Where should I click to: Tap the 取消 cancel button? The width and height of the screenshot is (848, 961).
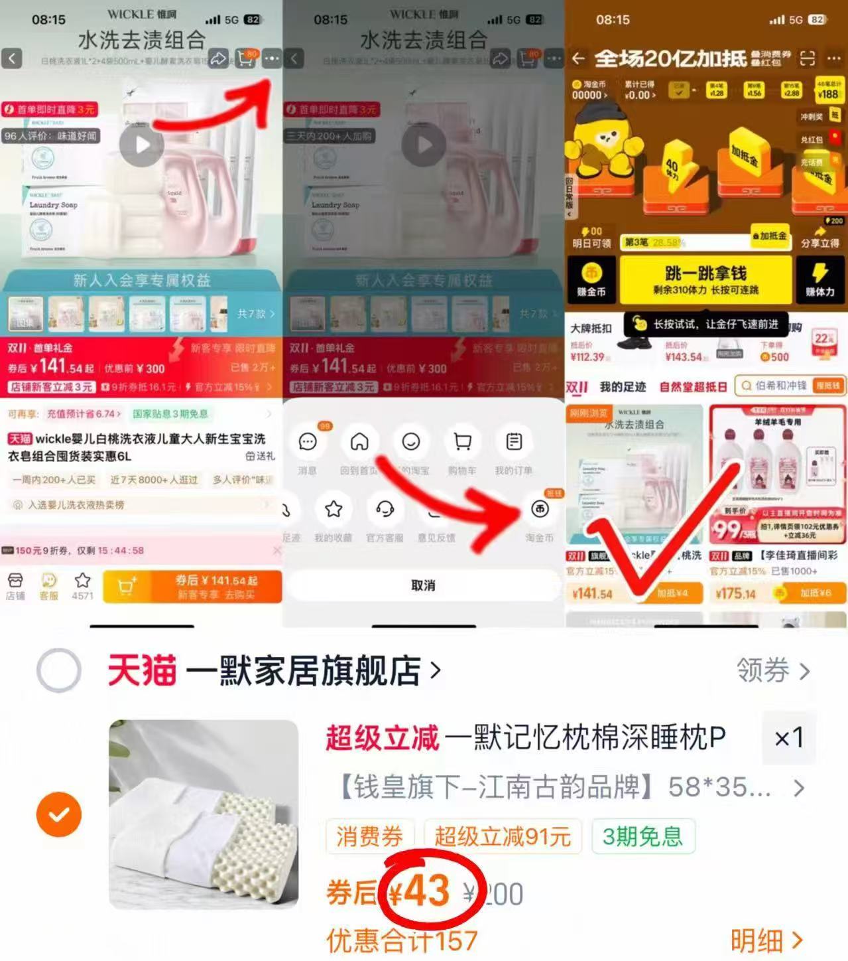point(423,585)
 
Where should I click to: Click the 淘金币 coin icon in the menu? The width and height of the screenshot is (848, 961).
point(540,510)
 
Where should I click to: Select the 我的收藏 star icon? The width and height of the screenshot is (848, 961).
point(333,510)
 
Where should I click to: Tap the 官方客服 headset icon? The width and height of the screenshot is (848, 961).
point(385,510)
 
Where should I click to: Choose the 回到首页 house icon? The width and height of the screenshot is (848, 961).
point(359,442)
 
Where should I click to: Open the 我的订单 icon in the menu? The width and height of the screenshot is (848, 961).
point(514,442)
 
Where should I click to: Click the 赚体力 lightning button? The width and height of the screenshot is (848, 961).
point(819,279)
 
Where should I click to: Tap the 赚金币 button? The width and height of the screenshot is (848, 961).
point(591,279)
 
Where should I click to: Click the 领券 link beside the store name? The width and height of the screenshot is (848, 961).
point(772,671)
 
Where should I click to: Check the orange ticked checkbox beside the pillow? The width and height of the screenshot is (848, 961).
point(59,814)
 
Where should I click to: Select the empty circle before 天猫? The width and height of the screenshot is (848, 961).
point(59,671)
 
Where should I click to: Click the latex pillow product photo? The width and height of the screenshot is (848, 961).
point(204,814)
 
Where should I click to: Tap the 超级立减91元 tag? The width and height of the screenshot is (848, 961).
point(502,837)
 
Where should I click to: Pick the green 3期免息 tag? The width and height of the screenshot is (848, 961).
point(642,837)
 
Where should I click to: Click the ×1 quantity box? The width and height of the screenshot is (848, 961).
point(788,737)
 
